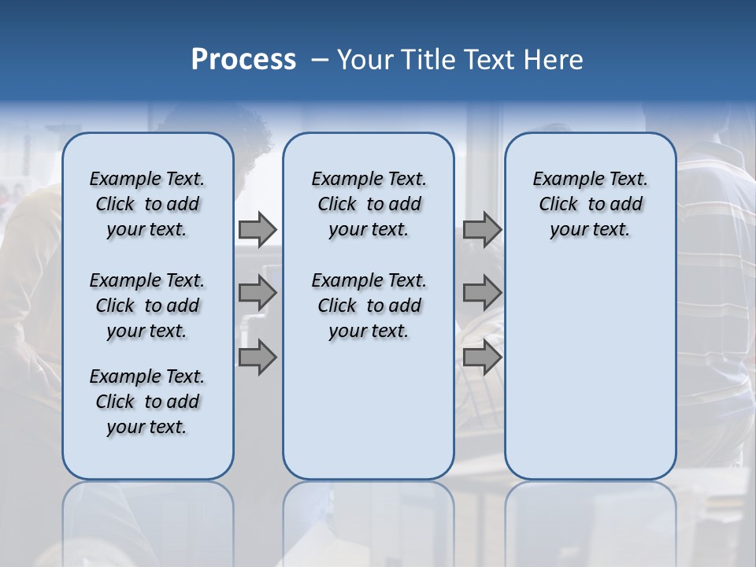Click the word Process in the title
[x=243, y=60]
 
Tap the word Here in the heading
[x=553, y=60]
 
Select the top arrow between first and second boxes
[x=257, y=230]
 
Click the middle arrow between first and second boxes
[x=257, y=293]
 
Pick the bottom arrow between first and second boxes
[x=257, y=358]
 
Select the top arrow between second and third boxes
[x=482, y=230]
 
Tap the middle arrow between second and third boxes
[x=482, y=293]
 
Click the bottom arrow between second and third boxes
[x=482, y=358]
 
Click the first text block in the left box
[x=147, y=204]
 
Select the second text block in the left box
[x=147, y=306]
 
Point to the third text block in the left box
[x=147, y=402]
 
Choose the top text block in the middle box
[x=369, y=204]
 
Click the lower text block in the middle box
[x=369, y=306]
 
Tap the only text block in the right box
[x=590, y=204]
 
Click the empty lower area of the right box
[x=590, y=370]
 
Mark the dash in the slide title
[x=319, y=61]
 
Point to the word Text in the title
[x=487, y=60]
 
